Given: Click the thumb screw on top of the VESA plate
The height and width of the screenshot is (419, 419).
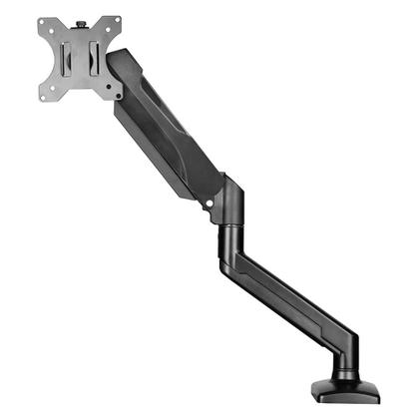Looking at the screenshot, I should [x=80, y=18].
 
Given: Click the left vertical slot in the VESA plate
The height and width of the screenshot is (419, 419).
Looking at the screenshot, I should [x=65, y=58].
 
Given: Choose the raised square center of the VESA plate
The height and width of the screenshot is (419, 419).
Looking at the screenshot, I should [x=81, y=58].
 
